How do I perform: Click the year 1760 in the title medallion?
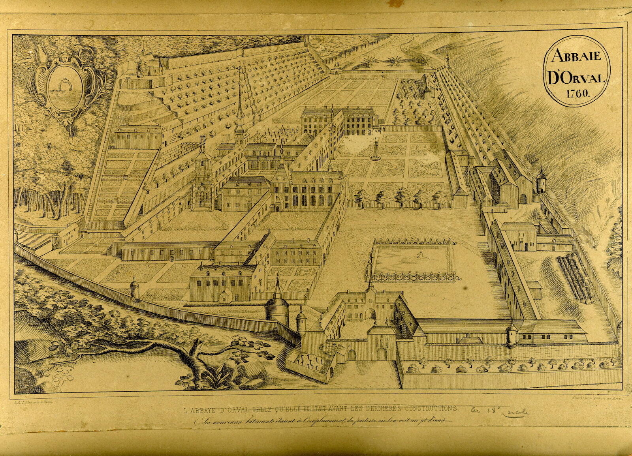[x=577, y=94]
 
